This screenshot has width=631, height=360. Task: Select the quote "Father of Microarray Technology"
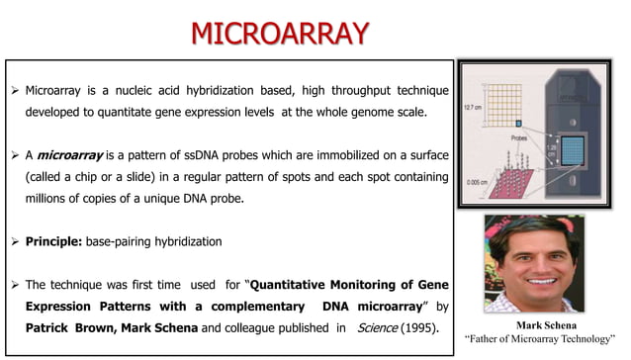[x=546, y=340]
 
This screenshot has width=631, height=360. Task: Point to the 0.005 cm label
[x=479, y=181]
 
